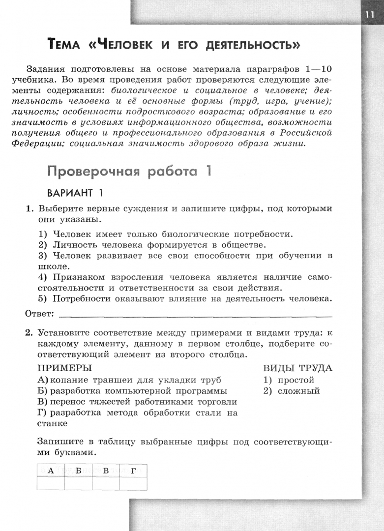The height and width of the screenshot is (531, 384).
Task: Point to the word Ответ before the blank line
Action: tap(39, 313)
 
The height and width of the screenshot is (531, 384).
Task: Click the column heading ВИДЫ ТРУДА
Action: tap(297, 368)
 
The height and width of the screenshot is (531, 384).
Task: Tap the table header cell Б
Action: tap(78, 471)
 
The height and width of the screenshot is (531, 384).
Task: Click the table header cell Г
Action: tap(133, 471)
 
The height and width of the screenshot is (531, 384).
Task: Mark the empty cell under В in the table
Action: tap(106, 483)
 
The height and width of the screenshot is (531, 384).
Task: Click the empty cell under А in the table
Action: tap(51, 483)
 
